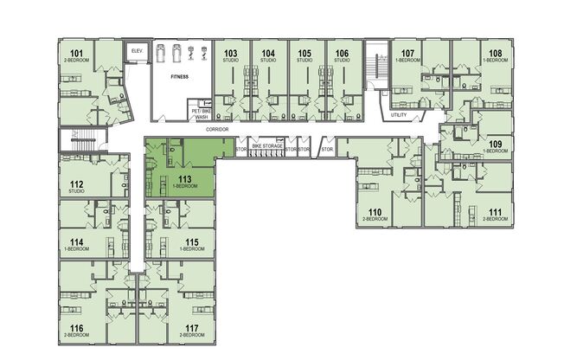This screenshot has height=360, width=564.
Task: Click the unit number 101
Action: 76,55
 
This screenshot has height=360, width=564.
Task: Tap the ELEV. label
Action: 135,52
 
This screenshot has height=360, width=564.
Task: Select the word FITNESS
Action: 179,76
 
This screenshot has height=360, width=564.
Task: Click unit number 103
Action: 231,54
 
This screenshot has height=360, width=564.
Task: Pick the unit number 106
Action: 342,54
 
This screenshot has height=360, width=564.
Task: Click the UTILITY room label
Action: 398,114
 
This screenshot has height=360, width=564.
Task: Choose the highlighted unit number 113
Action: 184,179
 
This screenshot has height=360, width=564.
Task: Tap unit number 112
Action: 76,183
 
